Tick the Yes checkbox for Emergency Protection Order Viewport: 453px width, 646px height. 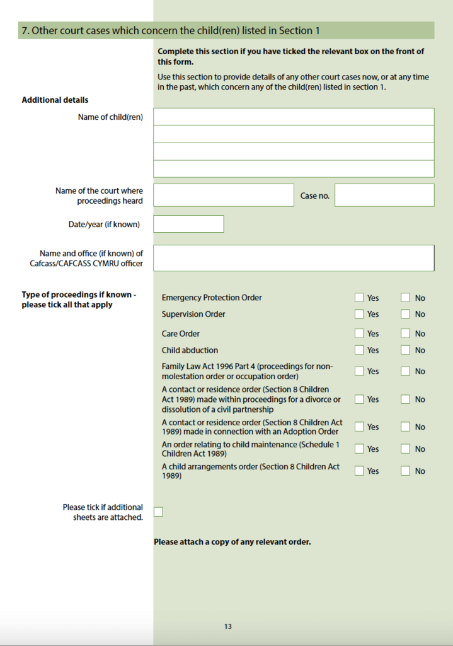point(359,298)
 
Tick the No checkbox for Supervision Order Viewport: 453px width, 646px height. point(405,314)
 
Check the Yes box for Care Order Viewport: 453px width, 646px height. point(359,334)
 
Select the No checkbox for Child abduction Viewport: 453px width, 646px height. point(405,350)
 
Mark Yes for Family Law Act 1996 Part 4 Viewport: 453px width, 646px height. point(359,372)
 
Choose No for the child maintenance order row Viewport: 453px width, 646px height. point(405,449)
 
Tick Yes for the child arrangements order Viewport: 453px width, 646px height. point(359,471)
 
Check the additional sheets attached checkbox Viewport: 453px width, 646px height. point(158,512)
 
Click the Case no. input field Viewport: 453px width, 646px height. point(384,196)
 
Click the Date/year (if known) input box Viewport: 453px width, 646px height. point(188,224)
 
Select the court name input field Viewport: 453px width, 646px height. point(224,196)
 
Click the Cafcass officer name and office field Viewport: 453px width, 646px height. point(294,258)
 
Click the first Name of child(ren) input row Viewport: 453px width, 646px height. point(294,117)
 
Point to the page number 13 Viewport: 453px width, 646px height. point(227,626)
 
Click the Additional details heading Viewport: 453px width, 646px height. point(55,100)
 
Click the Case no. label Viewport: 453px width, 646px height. point(315,196)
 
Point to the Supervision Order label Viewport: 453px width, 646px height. point(193,314)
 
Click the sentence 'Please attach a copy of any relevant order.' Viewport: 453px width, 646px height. point(232,542)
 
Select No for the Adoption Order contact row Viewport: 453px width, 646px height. point(405,427)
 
